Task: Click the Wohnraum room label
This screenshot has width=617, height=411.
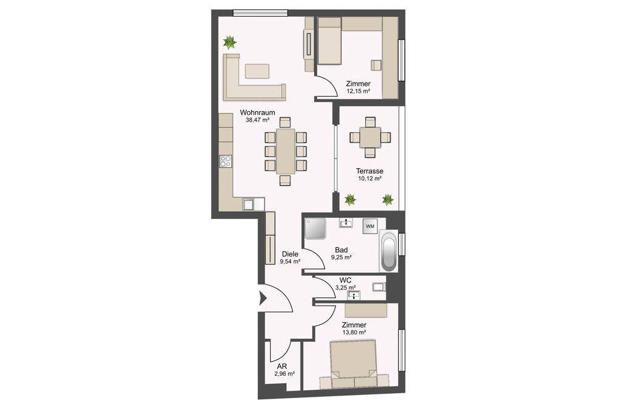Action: (257, 112)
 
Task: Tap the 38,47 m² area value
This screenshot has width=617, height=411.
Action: (257, 120)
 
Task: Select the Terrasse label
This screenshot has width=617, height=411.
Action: (370, 172)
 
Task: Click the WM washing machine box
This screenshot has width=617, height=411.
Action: (370, 226)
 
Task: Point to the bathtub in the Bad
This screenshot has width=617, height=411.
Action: (388, 251)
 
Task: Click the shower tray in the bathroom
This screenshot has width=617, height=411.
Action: (315, 229)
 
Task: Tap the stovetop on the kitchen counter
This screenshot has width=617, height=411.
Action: (226, 161)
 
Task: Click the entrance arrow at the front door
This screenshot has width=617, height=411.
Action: (262, 298)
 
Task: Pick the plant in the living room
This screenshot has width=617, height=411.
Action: (230, 42)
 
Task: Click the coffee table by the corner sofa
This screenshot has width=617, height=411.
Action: (257, 71)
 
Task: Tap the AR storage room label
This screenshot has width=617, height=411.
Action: (282, 366)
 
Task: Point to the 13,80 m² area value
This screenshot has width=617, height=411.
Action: (354, 333)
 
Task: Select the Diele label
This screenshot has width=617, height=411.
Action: (290, 254)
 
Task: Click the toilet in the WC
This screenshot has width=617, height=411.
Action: (379, 287)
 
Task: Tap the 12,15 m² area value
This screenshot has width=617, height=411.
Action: (358, 91)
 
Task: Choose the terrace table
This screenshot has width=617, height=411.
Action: (370, 138)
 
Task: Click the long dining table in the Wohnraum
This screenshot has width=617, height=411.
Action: (286, 151)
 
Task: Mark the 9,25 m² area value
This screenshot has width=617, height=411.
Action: (341, 257)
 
